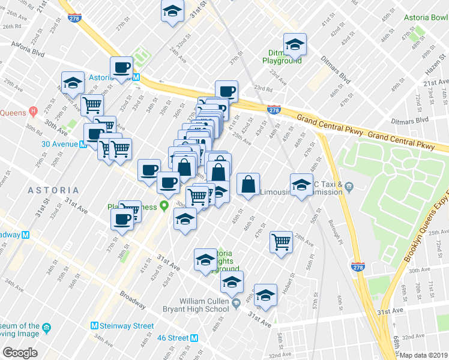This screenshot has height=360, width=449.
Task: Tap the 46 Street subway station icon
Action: pos(193,338)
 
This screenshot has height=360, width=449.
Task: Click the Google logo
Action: pos(20,353)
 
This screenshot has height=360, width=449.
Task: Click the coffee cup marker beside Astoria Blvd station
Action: pos(122,68)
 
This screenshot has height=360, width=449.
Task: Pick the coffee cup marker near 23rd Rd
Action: pos(226,91)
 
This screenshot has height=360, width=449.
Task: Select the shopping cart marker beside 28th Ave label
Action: pos(281,242)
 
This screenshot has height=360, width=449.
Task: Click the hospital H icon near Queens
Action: pos(32,112)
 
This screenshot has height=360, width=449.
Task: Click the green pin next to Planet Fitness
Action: pos(164,206)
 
